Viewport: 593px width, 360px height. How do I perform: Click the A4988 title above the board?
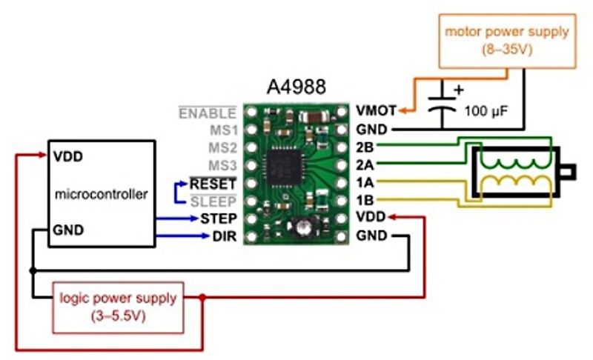(294, 87)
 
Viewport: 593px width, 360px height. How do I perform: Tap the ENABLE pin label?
(208, 113)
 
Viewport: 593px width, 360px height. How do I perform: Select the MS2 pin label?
(222, 147)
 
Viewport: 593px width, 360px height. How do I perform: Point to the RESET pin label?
(213, 183)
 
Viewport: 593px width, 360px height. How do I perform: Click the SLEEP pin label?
(213, 201)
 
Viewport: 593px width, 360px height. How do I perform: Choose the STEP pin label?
(218, 219)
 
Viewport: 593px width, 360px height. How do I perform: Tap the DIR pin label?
(224, 236)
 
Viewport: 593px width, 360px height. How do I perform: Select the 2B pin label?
(365, 147)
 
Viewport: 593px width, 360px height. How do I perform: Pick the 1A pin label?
(365, 182)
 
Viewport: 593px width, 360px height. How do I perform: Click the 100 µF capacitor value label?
(486, 113)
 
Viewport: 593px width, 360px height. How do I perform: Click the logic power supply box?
(118, 306)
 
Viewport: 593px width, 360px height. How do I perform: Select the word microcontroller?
(102, 195)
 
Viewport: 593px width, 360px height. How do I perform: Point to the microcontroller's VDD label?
(67, 157)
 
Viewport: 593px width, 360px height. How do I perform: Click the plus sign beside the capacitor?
(458, 90)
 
